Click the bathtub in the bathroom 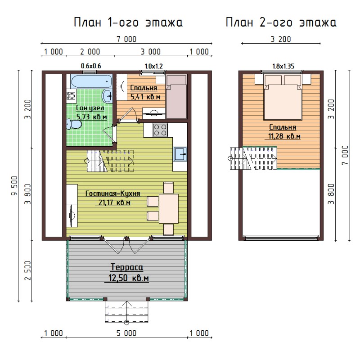(92, 81)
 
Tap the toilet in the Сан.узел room (74, 125)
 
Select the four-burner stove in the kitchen (160, 130)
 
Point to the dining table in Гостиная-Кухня (169, 208)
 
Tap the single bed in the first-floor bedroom (176, 96)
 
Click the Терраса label (127, 267)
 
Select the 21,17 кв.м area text (114, 203)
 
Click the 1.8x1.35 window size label (283, 66)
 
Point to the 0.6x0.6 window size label (91, 66)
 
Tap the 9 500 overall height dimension (14, 186)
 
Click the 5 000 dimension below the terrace (126, 333)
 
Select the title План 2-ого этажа (281, 22)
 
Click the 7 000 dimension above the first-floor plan (126, 39)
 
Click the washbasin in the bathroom (107, 96)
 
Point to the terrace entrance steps (126, 311)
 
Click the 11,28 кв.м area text (284, 136)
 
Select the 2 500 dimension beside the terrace (28, 270)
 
